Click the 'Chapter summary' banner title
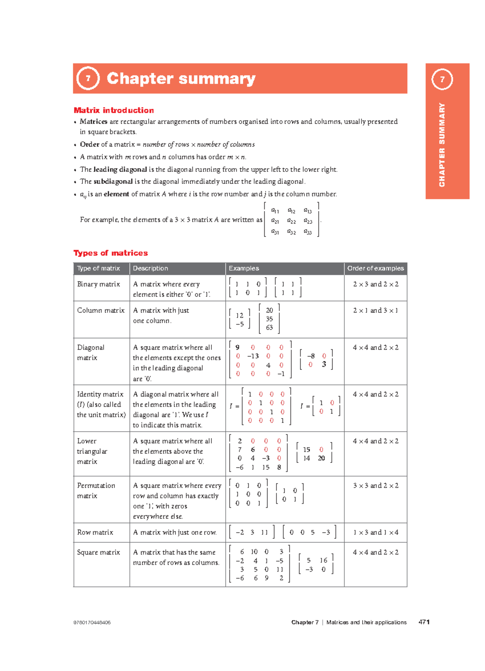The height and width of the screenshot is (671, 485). [x=181, y=78]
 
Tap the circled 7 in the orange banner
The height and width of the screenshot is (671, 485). [x=88, y=78]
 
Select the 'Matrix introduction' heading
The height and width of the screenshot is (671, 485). [x=114, y=110]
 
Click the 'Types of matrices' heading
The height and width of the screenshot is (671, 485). [x=110, y=253]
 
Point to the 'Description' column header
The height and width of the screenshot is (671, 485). [x=150, y=268]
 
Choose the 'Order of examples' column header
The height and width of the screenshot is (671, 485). [x=375, y=268]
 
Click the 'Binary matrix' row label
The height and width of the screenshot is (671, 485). [x=98, y=284]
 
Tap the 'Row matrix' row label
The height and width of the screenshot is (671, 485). [x=95, y=532]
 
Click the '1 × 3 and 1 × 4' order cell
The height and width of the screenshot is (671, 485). [x=375, y=532]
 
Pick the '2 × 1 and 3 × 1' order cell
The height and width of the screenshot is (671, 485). [x=375, y=310]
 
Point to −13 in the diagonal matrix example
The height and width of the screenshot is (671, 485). [x=253, y=356]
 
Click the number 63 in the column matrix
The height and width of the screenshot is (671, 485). [x=269, y=328]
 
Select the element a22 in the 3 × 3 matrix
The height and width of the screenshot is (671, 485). [x=291, y=221]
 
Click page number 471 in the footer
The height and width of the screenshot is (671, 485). [x=424, y=622]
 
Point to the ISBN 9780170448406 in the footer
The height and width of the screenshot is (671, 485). [x=92, y=622]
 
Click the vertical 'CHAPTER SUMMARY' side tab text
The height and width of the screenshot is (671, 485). [x=442, y=145]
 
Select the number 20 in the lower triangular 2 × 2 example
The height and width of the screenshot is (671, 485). [x=321, y=458]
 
